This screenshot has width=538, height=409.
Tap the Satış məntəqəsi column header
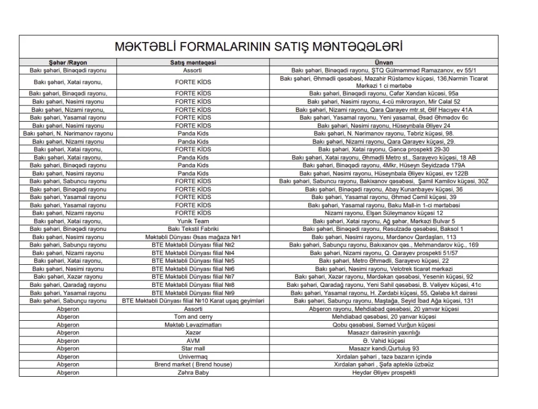coord(193,63)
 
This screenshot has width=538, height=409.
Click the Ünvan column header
coord(384,63)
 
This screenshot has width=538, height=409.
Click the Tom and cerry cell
coord(193,317)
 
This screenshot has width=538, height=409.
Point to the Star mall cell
coord(193,349)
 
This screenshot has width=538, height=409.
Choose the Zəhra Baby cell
coord(193,372)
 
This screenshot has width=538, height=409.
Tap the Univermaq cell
coord(193,357)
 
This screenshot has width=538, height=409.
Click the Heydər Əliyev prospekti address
coord(384,372)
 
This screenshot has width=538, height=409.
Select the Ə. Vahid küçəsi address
coord(384,341)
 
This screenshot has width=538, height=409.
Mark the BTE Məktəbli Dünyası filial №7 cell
coord(193,277)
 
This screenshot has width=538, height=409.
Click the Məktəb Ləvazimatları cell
coord(193,325)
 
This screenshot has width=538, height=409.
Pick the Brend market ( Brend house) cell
coord(193,364)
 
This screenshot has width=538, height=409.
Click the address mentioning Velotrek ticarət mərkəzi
coord(384,269)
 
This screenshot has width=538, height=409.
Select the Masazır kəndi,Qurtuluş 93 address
coord(384,349)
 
